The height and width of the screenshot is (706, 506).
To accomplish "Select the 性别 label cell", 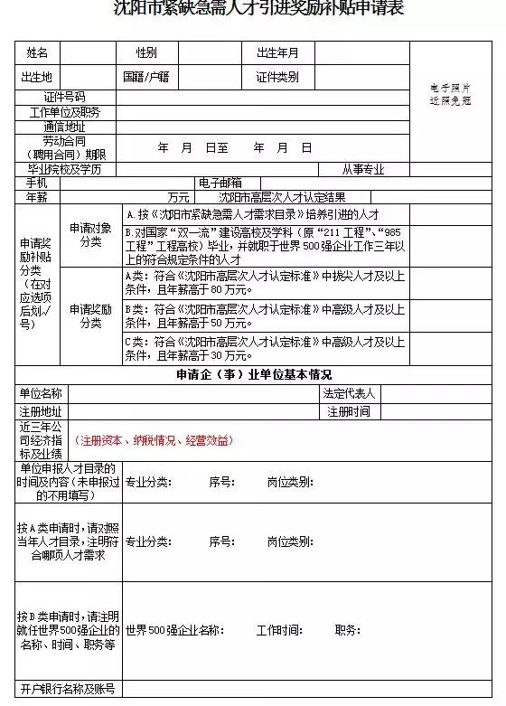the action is (146, 53).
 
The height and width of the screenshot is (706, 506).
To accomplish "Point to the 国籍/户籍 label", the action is (146, 77).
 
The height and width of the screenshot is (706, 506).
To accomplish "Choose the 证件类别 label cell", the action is (277, 77).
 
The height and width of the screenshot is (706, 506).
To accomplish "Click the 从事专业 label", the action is (363, 169).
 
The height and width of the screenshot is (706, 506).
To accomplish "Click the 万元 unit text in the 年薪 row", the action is (178, 197).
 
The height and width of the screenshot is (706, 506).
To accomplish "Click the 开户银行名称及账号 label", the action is (68, 690).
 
